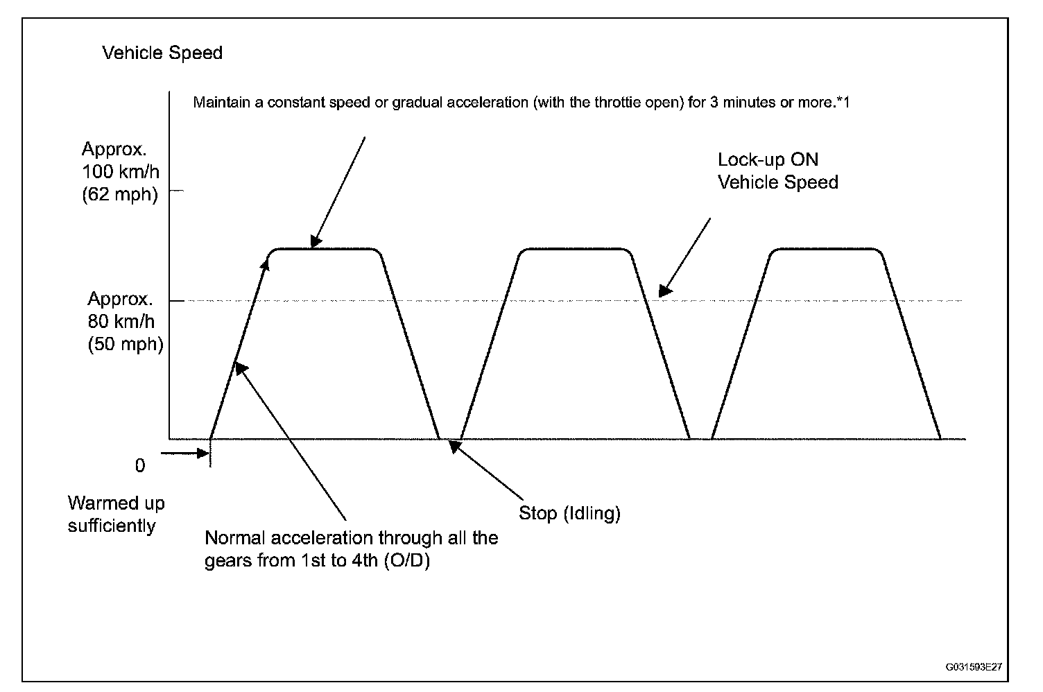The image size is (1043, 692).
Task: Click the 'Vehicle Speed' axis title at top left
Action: pos(162,53)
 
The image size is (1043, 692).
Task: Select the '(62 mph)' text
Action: pos(119,194)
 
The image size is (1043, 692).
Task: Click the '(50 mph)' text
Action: pos(126,344)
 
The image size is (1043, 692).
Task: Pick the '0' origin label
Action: pos(140,466)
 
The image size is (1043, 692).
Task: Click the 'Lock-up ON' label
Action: pos(768,160)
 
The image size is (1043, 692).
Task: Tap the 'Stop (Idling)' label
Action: pos(569,514)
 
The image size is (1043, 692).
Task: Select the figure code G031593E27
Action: pos(973,667)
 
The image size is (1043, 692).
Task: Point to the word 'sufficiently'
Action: pos(112,526)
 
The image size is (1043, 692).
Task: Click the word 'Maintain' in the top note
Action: pos(218,103)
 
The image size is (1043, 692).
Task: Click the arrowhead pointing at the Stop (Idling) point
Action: pos(454,446)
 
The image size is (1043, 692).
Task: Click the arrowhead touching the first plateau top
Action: pos(315,243)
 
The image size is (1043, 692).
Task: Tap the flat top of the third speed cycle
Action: pos(827,249)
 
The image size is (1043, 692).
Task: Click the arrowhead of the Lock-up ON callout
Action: pos(664,292)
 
